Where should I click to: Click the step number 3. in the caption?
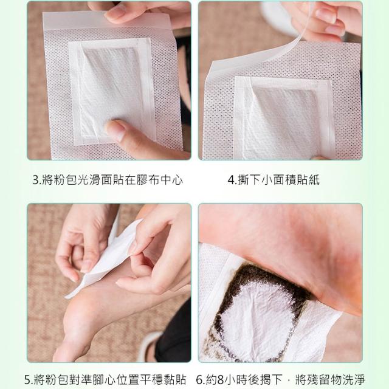[36, 181]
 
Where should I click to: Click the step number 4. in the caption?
[232, 181]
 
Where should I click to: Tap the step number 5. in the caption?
[29, 379]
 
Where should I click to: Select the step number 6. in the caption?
[201, 379]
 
